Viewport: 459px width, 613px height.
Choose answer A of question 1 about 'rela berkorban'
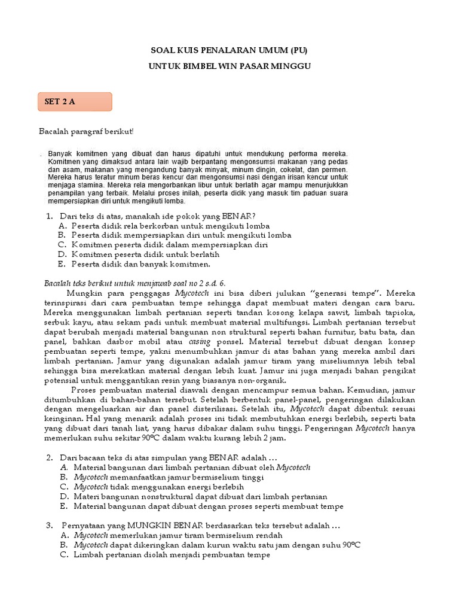coord(170,226)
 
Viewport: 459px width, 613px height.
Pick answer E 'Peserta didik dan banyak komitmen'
coord(140,263)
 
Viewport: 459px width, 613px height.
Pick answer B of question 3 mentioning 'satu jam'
coord(217,545)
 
